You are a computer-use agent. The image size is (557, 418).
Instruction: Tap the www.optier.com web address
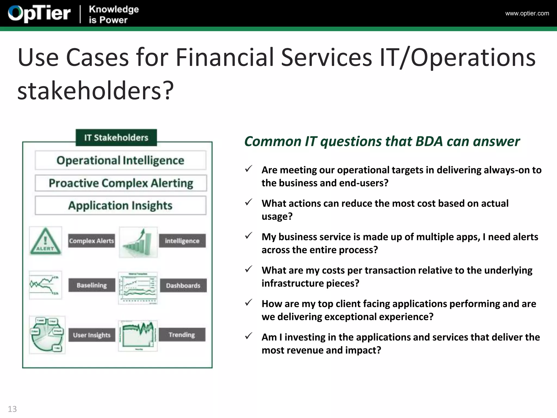[x=527, y=13]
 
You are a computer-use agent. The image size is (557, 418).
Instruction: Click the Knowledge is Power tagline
[x=114, y=14]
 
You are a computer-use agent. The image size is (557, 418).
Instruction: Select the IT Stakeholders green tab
[x=116, y=137]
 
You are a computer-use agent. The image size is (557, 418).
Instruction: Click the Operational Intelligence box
[x=120, y=160]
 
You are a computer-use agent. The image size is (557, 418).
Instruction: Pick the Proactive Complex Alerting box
[x=121, y=183]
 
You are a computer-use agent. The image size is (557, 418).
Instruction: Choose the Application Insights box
[x=120, y=205]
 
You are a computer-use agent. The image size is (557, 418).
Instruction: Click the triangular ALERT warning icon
[x=45, y=241]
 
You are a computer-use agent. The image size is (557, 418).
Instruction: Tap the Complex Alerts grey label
[x=91, y=241]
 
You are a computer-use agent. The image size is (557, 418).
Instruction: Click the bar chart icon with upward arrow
[x=138, y=242]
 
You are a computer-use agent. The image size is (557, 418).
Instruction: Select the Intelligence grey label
[x=182, y=241]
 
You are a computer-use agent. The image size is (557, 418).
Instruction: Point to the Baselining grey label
[x=92, y=285]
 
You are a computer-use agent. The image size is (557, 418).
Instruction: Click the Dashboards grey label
[x=183, y=285]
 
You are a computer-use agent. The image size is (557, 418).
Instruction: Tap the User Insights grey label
[x=92, y=335]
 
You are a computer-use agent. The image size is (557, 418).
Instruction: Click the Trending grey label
[x=182, y=334]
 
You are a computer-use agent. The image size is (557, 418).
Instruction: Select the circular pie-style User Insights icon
[x=47, y=335]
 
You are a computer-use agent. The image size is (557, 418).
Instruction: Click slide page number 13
[x=12, y=409]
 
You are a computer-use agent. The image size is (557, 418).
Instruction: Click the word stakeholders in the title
[x=90, y=91]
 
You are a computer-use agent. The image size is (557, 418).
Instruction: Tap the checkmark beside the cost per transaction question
[x=248, y=269]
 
